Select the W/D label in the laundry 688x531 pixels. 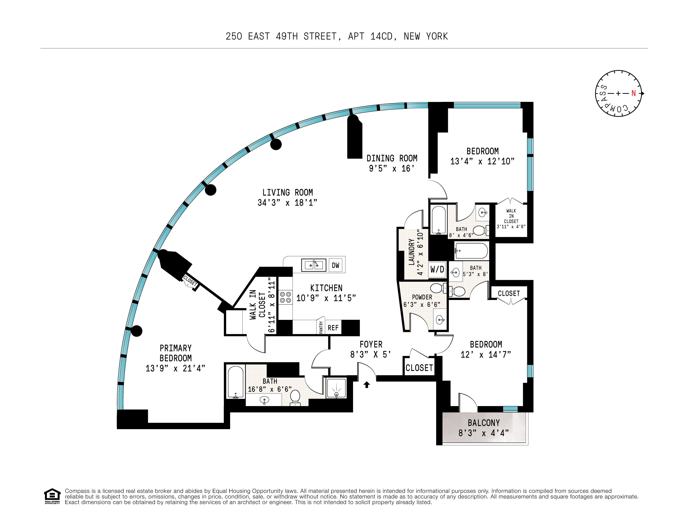[437, 269]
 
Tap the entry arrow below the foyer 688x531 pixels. [366, 385]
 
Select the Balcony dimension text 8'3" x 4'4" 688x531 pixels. [484, 433]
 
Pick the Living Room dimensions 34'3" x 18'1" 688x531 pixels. [287, 203]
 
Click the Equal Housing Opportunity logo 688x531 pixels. [52, 496]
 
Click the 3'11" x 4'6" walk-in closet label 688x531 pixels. [511, 227]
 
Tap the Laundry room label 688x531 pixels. [411, 252]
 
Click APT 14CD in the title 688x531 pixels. [370, 37]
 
